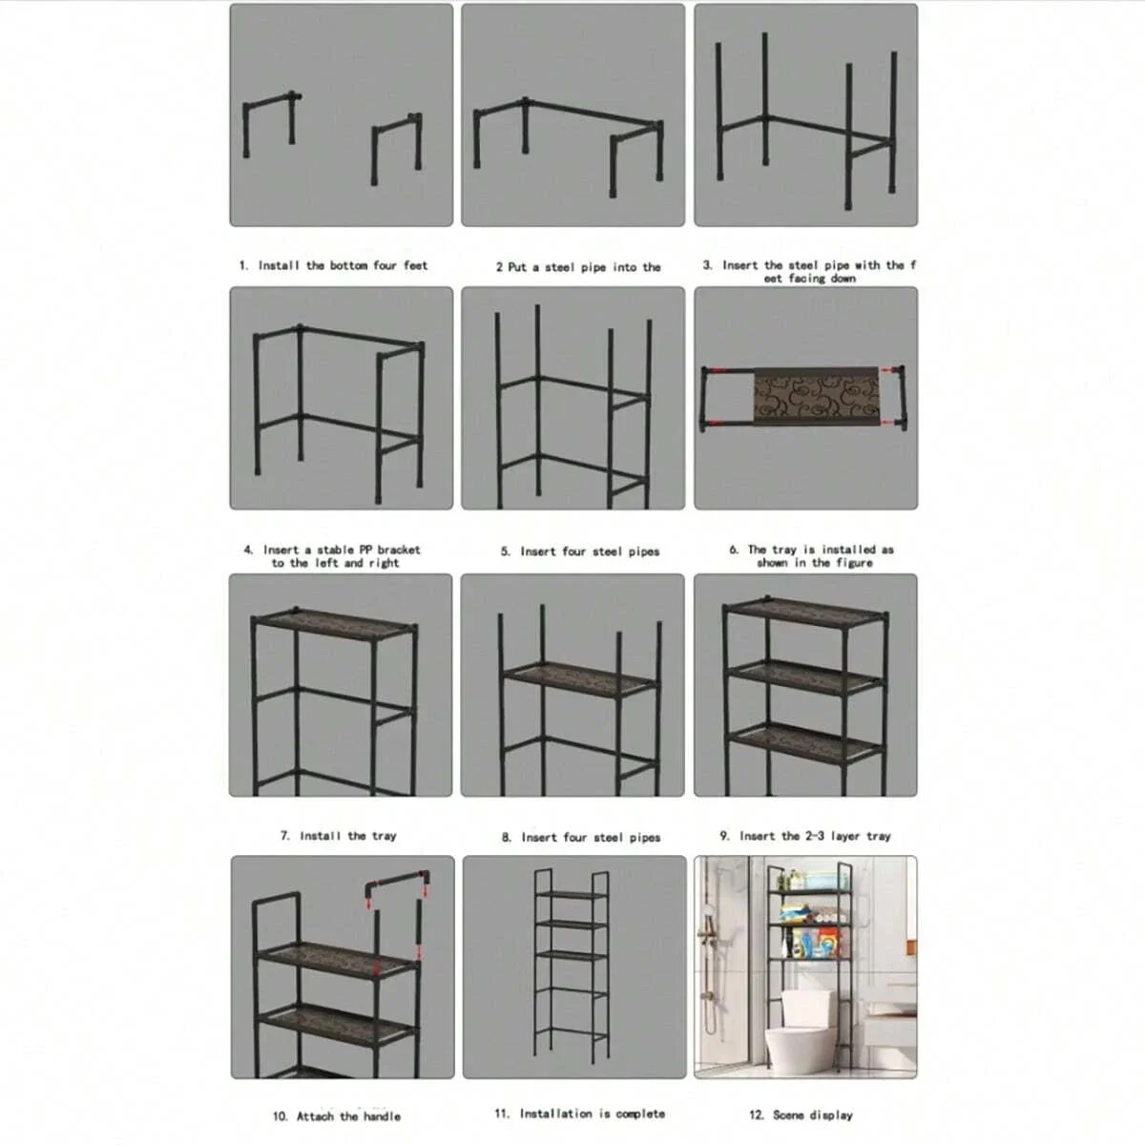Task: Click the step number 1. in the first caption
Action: pos(243,266)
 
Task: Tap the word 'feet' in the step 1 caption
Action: pos(415,265)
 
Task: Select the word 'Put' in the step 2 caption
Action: pos(516,267)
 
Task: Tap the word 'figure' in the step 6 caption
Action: pos(854,563)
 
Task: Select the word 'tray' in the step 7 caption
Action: pos(384,836)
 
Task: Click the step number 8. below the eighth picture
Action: pos(507,838)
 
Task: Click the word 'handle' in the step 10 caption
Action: pos(381,1116)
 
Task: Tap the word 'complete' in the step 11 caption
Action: pos(640,1114)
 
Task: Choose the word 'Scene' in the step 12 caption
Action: pos(788,1114)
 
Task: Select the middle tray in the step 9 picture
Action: pos(804,678)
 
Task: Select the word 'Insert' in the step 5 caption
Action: pos(539,552)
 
